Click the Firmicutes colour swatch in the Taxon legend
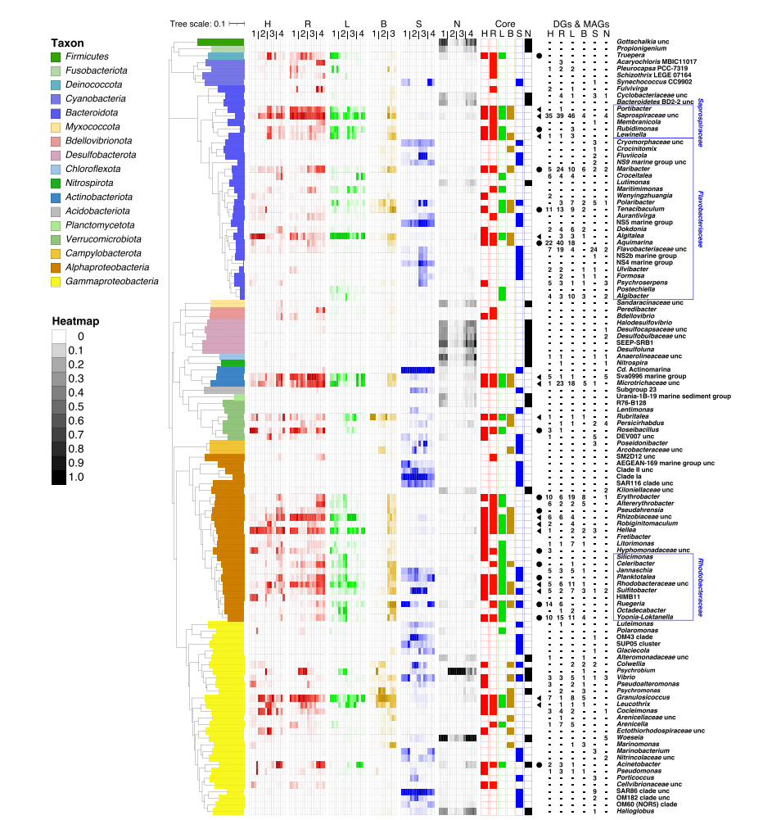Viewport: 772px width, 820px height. [x=56, y=57]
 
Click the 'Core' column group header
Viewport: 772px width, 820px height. [x=505, y=23]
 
